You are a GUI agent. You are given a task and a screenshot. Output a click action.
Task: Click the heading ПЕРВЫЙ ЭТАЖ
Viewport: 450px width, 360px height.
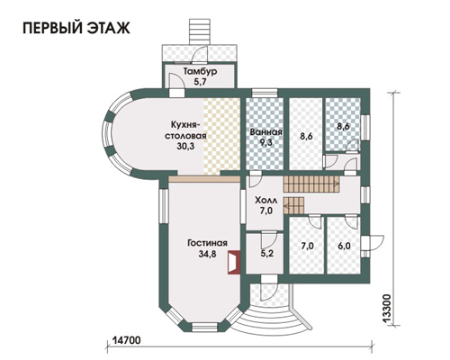[76, 28]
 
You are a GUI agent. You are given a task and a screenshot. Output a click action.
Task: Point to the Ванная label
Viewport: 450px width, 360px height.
[265, 132]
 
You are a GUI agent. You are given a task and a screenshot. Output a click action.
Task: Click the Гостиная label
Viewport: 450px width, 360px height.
[207, 243]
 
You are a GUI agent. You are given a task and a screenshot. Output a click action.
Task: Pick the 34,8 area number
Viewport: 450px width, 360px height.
[207, 254]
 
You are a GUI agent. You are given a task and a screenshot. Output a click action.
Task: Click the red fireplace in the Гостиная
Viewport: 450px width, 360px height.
[234, 263]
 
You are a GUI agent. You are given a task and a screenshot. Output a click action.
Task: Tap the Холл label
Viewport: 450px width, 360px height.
[265, 200]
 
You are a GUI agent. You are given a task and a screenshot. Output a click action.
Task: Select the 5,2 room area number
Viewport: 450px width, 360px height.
[266, 254]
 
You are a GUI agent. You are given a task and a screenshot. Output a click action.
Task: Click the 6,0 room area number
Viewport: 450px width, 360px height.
[344, 246]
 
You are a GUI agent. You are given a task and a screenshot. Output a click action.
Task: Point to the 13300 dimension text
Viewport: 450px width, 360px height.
[387, 309]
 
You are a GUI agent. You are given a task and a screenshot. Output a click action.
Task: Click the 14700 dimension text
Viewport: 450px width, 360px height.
[127, 340]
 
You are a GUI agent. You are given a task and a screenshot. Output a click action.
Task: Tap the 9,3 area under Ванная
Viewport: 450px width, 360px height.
[265, 142]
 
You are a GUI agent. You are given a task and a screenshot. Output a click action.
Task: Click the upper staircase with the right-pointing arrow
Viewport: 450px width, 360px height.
[311, 184]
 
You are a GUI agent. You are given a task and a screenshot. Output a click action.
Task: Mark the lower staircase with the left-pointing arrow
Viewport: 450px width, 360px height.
[293, 205]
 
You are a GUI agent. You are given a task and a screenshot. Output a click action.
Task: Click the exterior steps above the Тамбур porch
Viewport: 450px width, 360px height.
[200, 32]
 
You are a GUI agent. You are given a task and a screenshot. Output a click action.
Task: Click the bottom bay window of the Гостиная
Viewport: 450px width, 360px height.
[204, 327]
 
